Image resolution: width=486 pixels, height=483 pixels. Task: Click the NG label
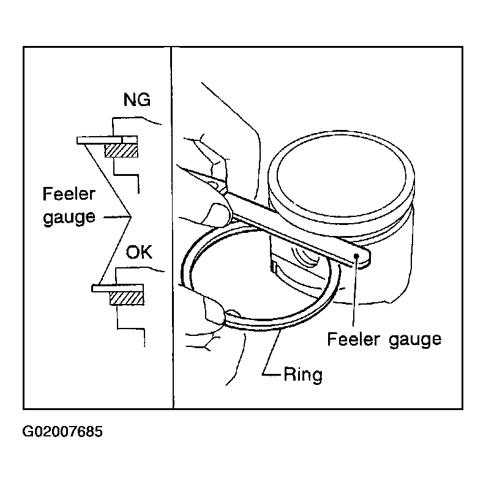[x=136, y=100]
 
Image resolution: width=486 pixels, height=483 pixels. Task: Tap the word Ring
[x=303, y=375]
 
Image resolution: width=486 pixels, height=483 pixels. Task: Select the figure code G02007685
[x=62, y=432]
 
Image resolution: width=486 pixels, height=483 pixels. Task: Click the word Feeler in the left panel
[x=69, y=194]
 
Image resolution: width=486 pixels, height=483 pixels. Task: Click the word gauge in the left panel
[x=69, y=217]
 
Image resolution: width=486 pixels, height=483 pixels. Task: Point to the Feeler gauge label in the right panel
[x=384, y=340]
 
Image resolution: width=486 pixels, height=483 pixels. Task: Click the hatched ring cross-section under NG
[x=121, y=151]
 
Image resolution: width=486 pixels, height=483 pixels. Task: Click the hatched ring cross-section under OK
[x=127, y=299]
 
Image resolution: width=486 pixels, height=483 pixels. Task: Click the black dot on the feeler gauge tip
[x=356, y=256]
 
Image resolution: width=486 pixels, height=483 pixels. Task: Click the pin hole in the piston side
[x=305, y=256]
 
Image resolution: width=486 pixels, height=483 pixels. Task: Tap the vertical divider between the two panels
[x=172, y=227]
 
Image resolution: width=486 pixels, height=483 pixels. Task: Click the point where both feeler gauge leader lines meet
[x=131, y=216]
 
